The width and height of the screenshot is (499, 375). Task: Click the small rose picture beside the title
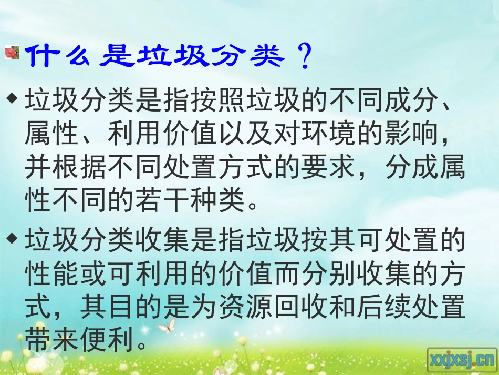(11, 54)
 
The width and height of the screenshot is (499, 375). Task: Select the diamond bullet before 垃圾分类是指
(12, 98)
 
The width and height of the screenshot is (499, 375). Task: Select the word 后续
(382, 308)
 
